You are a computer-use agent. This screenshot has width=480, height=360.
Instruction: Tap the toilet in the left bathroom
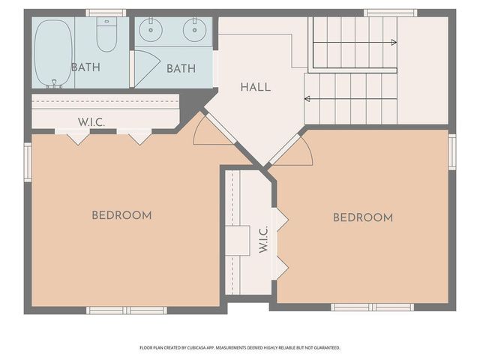[x=106, y=35]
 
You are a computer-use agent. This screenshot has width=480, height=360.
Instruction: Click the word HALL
[x=256, y=87]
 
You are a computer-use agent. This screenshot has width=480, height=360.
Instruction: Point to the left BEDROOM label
[x=121, y=215]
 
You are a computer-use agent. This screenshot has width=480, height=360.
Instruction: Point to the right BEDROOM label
[x=363, y=217]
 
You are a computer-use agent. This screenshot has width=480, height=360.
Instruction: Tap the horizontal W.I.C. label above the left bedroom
[x=91, y=121]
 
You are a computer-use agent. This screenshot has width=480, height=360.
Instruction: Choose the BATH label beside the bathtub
[x=85, y=67]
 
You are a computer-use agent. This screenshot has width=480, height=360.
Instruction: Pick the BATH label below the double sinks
[x=181, y=68]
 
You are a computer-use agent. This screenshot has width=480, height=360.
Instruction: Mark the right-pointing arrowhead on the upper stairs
[x=394, y=43]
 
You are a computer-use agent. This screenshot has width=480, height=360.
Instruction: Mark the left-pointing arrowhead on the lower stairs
[x=306, y=97]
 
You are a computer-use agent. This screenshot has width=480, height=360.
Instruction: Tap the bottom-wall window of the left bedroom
[x=126, y=310]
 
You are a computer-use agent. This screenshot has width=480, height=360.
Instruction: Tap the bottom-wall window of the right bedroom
[x=373, y=307]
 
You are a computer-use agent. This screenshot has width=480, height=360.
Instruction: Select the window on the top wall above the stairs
[x=390, y=13]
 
